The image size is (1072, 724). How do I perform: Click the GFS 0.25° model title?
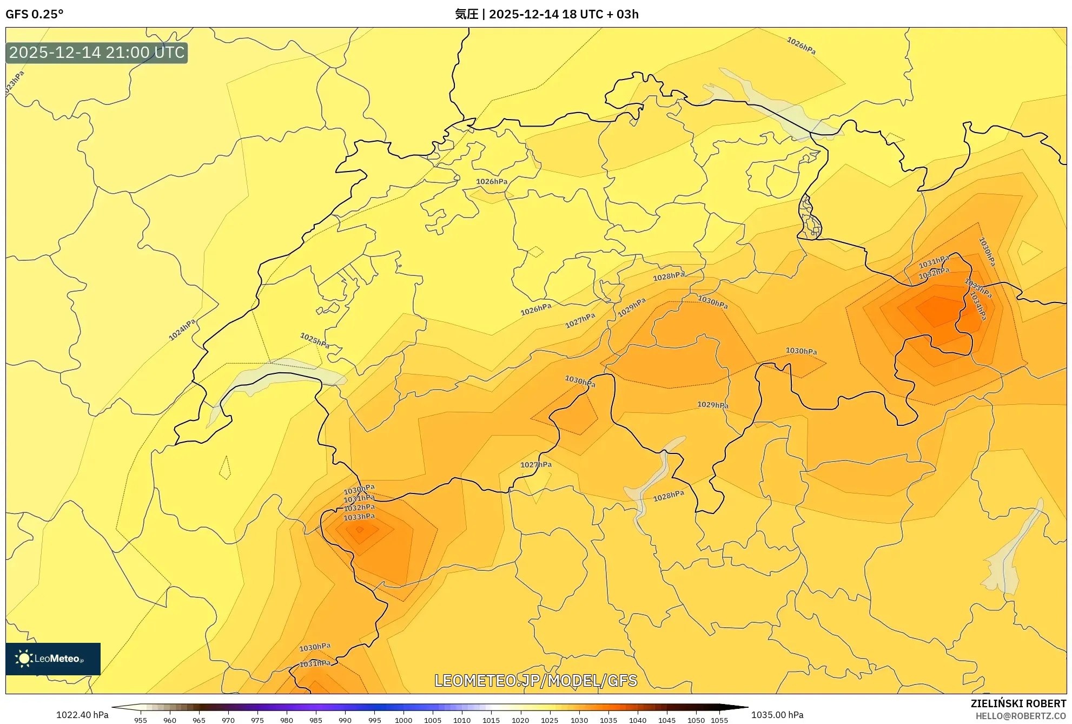[34, 14]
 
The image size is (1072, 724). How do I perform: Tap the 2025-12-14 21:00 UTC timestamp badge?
[97, 52]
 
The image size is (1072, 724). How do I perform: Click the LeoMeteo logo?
[53, 659]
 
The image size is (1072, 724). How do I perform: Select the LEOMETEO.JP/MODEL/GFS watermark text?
[535, 680]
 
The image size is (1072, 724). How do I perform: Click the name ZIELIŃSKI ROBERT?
[1018, 703]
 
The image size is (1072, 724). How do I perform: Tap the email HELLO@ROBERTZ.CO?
[1020, 716]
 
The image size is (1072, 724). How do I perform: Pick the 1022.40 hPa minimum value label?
[82, 715]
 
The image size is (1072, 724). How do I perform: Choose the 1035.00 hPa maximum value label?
[777, 715]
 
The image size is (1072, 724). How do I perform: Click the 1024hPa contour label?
[182, 330]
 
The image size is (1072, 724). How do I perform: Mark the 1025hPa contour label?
[315, 340]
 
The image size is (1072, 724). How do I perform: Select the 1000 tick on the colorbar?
[403, 720]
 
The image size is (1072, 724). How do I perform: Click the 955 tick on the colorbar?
[141, 720]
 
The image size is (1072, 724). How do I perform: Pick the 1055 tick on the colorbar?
[719, 720]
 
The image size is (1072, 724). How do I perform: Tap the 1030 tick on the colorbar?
[579, 720]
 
